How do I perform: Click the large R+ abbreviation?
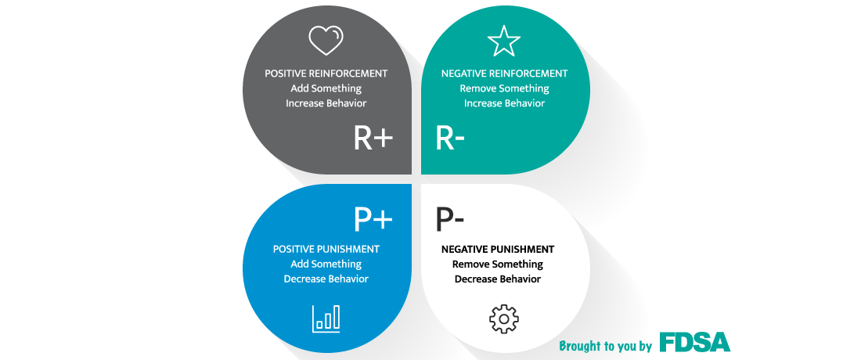click(373, 138)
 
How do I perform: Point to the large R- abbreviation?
click(450, 138)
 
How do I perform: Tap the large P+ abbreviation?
click(373, 219)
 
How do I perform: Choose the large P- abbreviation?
click(450, 219)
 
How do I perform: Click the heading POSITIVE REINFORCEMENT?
click(326, 74)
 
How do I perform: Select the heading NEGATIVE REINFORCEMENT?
click(505, 74)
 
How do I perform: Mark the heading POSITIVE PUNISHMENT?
click(326, 249)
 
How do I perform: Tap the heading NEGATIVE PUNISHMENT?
click(498, 249)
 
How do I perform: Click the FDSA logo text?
click(694, 341)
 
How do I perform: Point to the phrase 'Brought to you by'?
click(605, 346)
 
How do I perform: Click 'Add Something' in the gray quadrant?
click(326, 88)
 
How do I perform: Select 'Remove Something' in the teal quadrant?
click(505, 88)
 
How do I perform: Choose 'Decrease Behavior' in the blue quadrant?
click(326, 279)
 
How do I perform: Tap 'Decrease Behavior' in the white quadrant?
click(498, 279)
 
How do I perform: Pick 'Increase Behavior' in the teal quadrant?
click(505, 103)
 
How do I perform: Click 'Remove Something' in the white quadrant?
click(498, 264)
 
